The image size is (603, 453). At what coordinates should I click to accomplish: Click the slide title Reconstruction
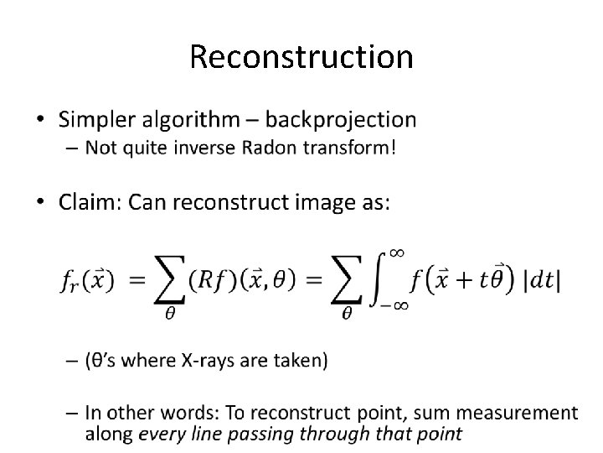pyautogui.click(x=301, y=57)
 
